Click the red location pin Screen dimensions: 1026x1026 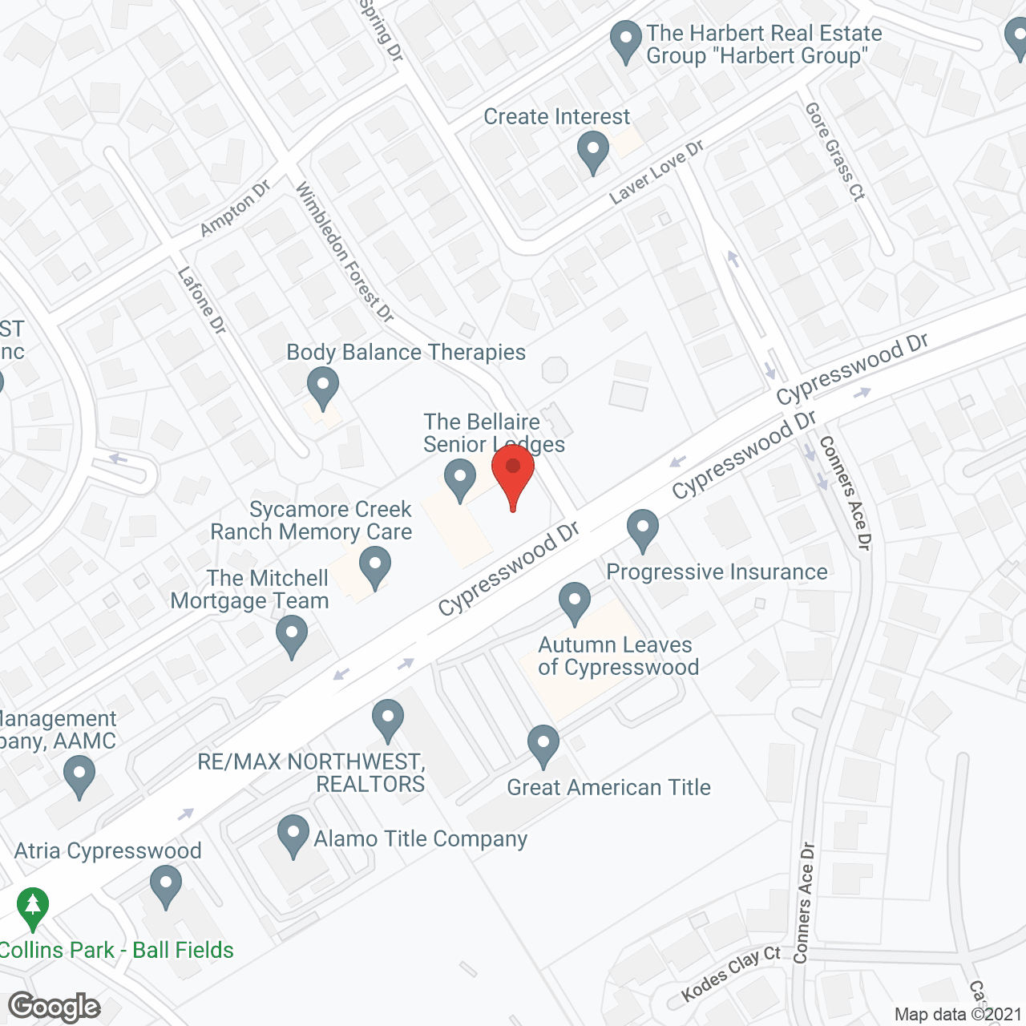[x=513, y=473]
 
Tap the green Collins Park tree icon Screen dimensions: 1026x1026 [x=33, y=907]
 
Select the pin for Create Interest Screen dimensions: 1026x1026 [x=592, y=150]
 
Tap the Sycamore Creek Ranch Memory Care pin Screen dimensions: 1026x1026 [x=374, y=566]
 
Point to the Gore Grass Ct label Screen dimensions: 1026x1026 [x=835, y=151]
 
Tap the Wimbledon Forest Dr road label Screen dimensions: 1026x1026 [x=345, y=252]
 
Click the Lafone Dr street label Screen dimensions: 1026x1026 [x=202, y=300]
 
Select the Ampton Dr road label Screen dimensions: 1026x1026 [x=235, y=208]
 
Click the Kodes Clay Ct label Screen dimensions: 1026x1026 [x=730, y=973]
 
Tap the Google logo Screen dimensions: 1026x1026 [x=55, y=1007]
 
